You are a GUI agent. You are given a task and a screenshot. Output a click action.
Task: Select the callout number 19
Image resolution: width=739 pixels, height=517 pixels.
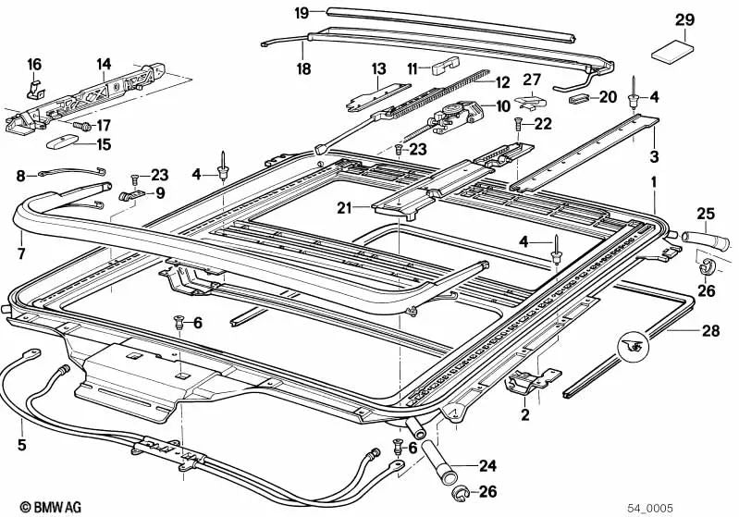(x=302, y=12)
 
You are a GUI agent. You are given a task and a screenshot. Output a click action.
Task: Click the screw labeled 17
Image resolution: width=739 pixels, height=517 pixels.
(x=81, y=123)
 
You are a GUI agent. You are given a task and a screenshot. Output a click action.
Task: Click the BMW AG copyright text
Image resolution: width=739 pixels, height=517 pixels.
(x=33, y=506)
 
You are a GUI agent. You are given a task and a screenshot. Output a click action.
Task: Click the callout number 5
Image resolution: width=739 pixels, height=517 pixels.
(x=20, y=444)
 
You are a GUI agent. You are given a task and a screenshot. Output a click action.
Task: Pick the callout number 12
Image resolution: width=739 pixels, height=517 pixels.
(x=502, y=82)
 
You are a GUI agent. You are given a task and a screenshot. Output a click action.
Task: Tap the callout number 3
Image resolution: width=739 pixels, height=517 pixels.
(x=653, y=154)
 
